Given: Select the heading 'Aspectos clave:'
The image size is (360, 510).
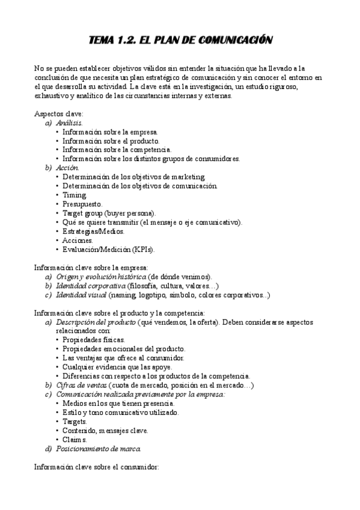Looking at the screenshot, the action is [x=58, y=114].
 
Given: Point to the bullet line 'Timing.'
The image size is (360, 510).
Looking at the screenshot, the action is [x=75, y=195].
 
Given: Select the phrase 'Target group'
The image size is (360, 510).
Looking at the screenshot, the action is [x=84, y=213].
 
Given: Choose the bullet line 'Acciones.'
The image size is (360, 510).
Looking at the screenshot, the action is [x=78, y=240].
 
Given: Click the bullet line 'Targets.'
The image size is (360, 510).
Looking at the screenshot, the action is [x=75, y=422].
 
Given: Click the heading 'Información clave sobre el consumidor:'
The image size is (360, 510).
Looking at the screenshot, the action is [x=96, y=467].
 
